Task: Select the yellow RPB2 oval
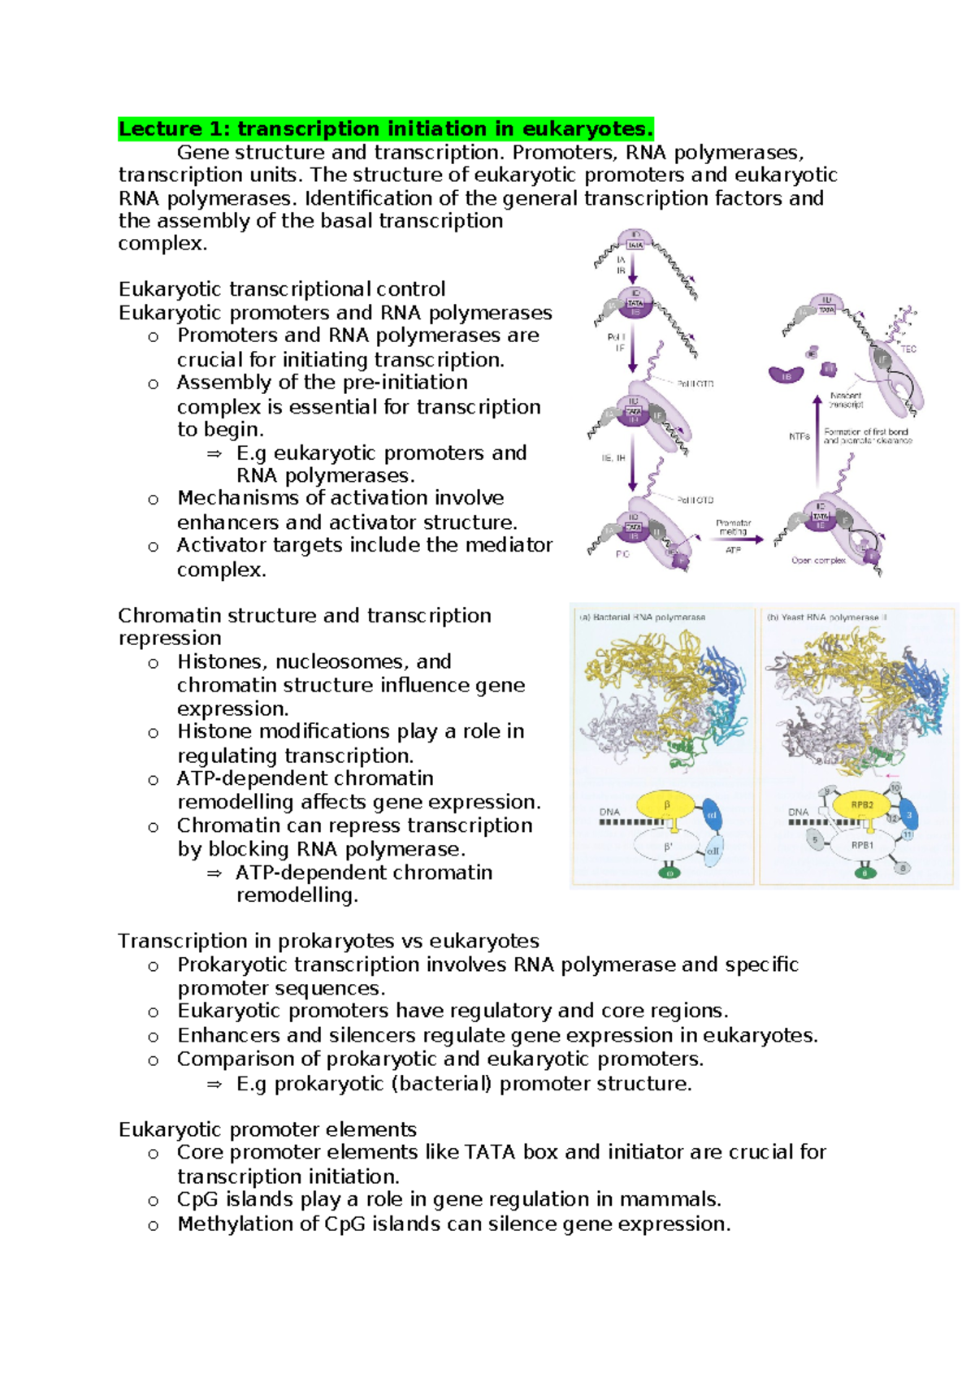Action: point(862,805)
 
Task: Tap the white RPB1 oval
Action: point(862,846)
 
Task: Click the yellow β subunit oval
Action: point(666,805)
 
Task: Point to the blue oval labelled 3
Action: point(909,815)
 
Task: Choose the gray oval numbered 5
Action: point(815,840)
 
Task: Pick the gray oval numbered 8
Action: point(903,868)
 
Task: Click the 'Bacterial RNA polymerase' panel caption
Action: point(642,617)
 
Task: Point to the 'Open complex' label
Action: point(818,561)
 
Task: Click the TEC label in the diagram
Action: point(908,349)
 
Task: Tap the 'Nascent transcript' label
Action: point(847,400)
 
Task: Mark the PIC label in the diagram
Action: point(622,554)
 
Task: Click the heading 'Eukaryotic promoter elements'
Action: point(267,1129)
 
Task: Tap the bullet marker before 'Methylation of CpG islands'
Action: point(153,1225)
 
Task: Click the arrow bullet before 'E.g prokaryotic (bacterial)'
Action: point(214,1084)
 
